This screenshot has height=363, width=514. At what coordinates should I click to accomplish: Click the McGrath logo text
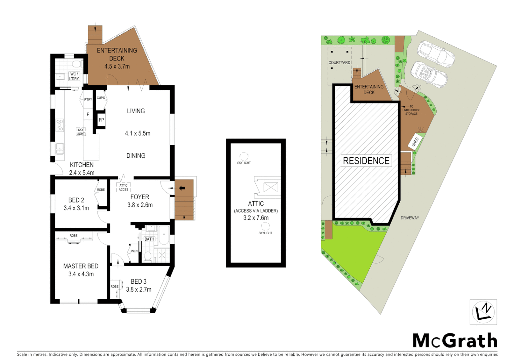[x=454, y=341]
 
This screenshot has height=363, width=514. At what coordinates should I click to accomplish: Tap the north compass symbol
[x=483, y=312]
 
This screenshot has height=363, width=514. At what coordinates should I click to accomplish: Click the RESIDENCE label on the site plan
[x=366, y=161]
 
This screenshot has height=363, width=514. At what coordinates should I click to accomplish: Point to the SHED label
[x=415, y=142]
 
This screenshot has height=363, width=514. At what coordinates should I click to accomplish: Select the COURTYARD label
[x=339, y=63]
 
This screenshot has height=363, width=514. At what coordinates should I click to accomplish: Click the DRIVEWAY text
[x=410, y=218]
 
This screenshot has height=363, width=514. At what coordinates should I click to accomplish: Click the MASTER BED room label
[x=81, y=266]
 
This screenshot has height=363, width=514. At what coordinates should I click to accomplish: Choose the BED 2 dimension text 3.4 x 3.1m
[x=76, y=208]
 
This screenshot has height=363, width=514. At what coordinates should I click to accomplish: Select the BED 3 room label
[x=139, y=282]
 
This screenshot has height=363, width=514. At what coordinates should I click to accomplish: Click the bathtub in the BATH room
[x=164, y=235]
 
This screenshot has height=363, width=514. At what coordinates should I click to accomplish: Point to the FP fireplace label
[x=101, y=120]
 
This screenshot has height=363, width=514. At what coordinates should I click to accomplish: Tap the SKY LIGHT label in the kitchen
[x=81, y=132]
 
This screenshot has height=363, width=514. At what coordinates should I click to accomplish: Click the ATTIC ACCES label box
[x=123, y=188]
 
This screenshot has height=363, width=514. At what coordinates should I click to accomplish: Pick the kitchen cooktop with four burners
[x=60, y=125]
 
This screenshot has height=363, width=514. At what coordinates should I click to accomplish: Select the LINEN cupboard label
[x=134, y=251]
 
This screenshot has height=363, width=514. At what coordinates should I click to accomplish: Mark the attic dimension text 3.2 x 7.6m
[x=256, y=218]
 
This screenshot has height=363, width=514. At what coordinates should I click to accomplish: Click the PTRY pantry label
[x=88, y=99]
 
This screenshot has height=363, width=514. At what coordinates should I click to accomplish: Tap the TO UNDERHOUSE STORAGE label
[x=411, y=110]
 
